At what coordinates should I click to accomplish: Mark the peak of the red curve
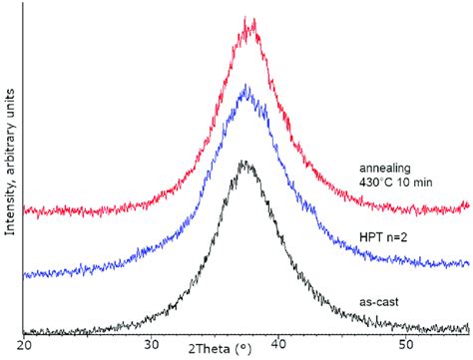(x=249, y=20)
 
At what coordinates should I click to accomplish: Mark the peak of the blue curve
(x=246, y=88)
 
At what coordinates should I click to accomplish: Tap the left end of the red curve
(x=25, y=212)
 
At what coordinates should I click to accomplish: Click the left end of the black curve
(x=25, y=332)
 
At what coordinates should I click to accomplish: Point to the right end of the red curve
(x=468, y=206)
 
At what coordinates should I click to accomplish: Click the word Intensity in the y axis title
(x=9, y=205)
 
